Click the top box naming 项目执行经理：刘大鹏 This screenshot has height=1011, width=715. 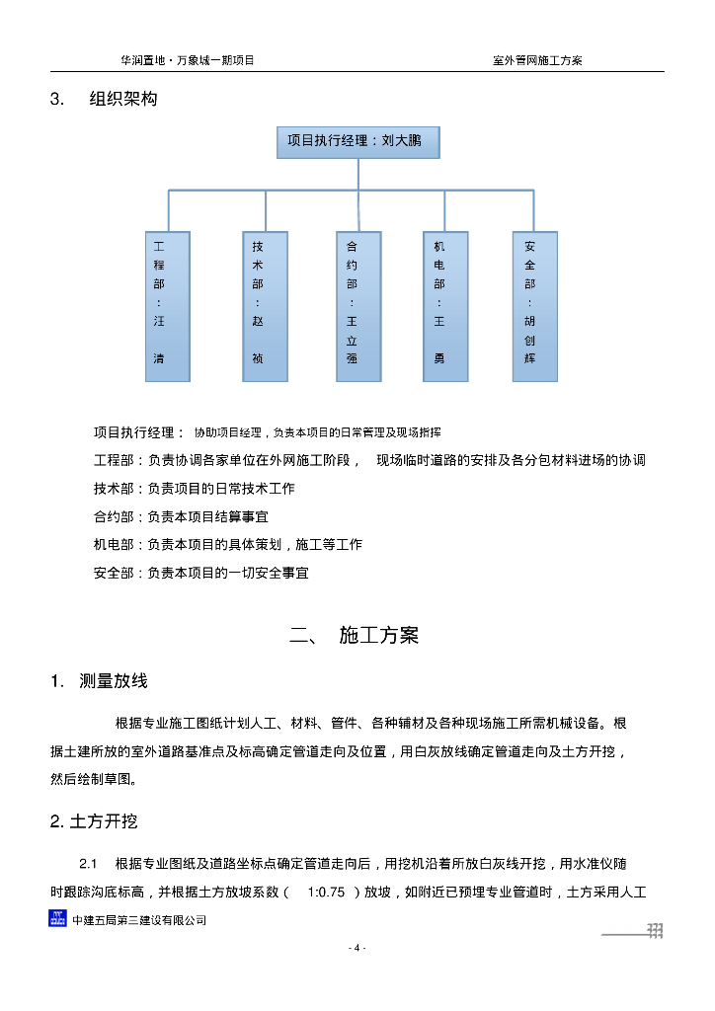[x=357, y=141]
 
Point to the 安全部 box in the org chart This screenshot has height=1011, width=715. [x=534, y=306]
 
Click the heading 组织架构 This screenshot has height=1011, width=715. [x=122, y=100]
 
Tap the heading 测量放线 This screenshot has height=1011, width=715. [x=114, y=681]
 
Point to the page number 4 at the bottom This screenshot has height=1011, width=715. [x=357, y=949]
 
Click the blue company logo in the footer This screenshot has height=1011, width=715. [x=58, y=919]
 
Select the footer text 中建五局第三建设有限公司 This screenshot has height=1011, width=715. [x=139, y=920]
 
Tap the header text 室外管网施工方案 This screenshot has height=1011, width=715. [x=537, y=60]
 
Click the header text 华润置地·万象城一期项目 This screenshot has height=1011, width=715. [x=188, y=60]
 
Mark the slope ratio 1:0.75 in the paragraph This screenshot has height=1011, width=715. [x=326, y=893]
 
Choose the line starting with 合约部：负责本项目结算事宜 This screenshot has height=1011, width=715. [x=181, y=516]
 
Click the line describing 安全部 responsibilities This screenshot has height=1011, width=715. [x=201, y=573]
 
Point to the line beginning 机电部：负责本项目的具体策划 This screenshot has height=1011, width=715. [x=228, y=544]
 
